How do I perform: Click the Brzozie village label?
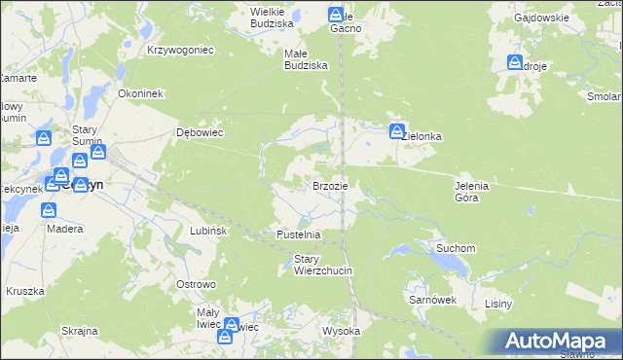point(330,185)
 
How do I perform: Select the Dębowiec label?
point(200,132)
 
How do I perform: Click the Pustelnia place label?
point(299,234)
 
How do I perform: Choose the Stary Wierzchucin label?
point(322,264)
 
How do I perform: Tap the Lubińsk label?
point(208,231)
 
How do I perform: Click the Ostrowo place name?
point(195,283)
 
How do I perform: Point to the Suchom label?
point(456,248)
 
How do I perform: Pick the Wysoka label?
point(342,331)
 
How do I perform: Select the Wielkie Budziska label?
point(272,17)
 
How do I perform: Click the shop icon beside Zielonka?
point(397,131)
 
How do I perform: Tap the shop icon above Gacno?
point(337,15)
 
